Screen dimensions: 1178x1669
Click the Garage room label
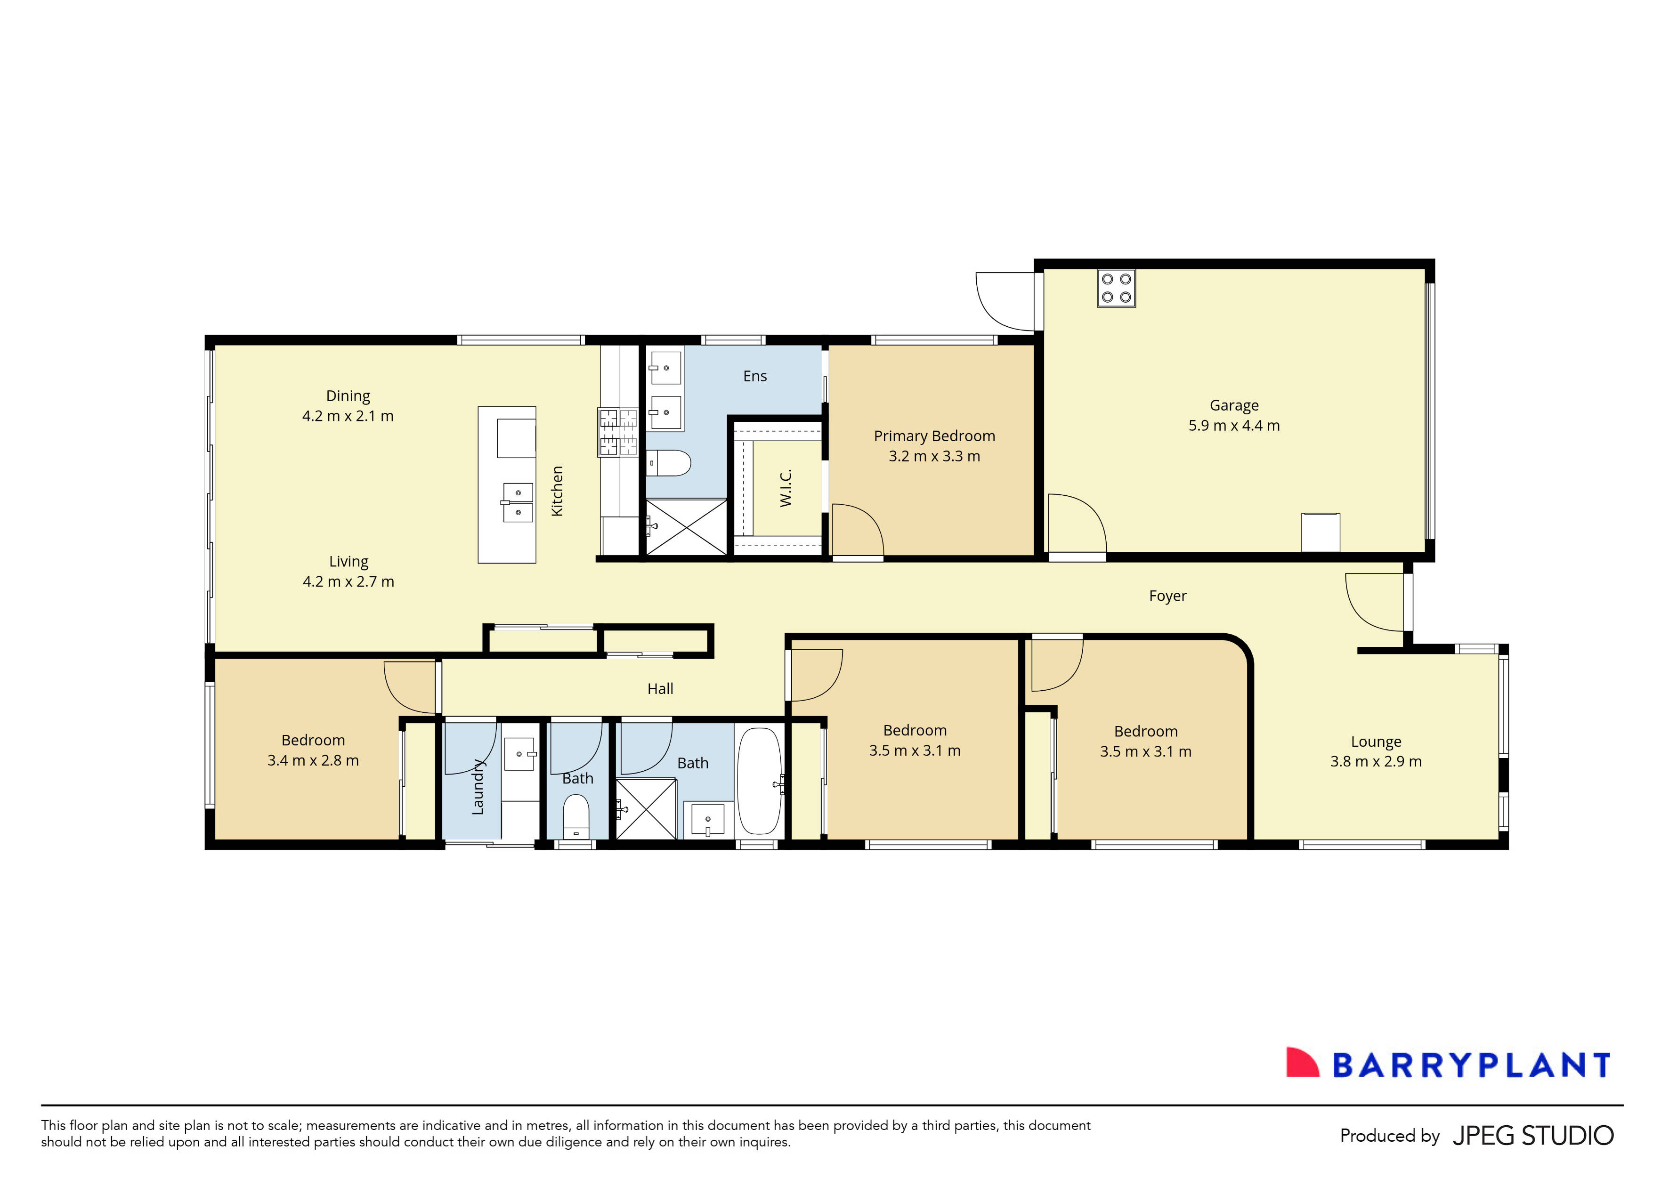click(1233, 405)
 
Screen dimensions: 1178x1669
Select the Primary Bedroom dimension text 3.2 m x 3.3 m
click(934, 456)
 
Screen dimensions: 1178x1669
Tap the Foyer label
click(1167, 596)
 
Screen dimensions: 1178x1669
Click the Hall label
click(660, 689)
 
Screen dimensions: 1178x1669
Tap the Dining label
click(348, 396)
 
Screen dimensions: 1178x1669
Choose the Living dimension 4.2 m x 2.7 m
click(348, 581)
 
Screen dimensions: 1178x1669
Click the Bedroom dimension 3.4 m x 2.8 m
click(313, 760)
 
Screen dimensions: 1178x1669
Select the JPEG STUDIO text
click(1533, 1136)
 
